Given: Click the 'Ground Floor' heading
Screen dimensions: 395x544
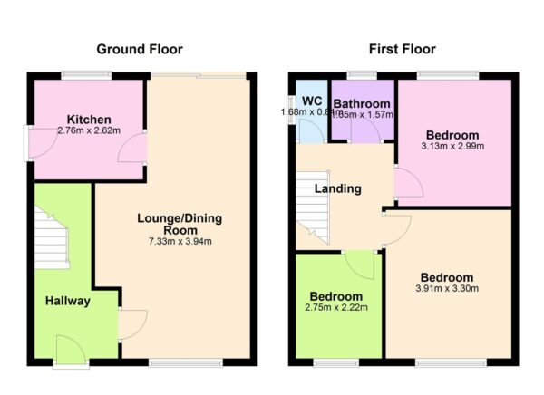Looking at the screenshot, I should [139, 49].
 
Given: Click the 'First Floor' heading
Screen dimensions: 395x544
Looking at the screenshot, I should [401, 49].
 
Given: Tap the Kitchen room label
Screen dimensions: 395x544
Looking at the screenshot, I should [88, 120].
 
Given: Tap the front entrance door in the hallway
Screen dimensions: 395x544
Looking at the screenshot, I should [69, 348].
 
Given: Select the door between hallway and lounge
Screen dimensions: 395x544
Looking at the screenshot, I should [131, 323].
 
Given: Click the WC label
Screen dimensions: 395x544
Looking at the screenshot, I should [312, 101].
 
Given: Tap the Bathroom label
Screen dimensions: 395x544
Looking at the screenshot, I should [362, 104].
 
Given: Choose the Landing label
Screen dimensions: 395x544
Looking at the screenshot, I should [337, 188].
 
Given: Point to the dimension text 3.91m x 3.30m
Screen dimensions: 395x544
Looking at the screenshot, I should [447, 289].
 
